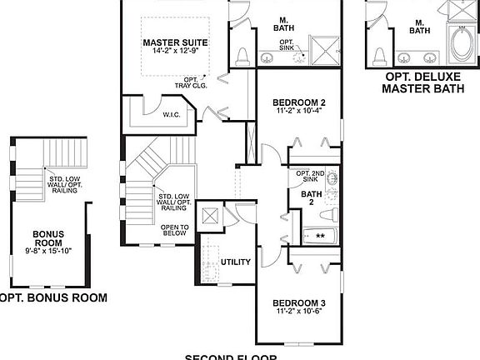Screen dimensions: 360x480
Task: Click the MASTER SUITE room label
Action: point(174,42)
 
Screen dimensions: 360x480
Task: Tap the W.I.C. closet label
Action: point(172,115)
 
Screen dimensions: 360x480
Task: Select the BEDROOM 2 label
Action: point(298,103)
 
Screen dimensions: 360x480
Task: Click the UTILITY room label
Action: point(236,262)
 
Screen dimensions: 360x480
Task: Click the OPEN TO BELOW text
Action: point(175,231)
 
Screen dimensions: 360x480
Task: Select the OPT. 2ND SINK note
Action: point(309,175)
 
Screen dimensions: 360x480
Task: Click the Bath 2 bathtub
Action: point(320,236)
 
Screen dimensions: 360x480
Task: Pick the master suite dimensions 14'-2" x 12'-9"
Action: point(174,52)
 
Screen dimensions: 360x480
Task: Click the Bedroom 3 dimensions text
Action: point(298,312)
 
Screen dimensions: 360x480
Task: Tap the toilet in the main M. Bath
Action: point(242,56)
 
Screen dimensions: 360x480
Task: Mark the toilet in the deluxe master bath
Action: point(380,56)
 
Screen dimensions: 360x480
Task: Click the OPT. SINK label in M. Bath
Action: point(286,44)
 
